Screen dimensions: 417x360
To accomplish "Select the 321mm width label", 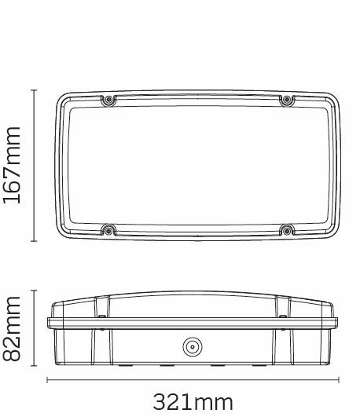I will [x=193, y=403].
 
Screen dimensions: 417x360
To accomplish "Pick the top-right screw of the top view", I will [x=287, y=100].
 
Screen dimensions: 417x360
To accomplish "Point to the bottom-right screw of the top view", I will [x=287, y=230].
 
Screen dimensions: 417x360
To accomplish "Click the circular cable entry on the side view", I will [x=191, y=346].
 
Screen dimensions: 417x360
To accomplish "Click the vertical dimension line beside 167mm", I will [x=34, y=165].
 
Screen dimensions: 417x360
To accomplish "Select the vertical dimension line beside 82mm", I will [x=34, y=328].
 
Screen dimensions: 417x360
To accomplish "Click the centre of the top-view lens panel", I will [x=197, y=165].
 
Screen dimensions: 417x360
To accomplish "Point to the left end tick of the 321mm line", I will [x=48, y=382].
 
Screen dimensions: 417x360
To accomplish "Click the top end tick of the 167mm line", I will [x=34, y=90].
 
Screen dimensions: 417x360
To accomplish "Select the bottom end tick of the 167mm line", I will [x=34, y=240].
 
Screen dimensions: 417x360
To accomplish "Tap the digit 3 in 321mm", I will [x=160, y=403].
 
